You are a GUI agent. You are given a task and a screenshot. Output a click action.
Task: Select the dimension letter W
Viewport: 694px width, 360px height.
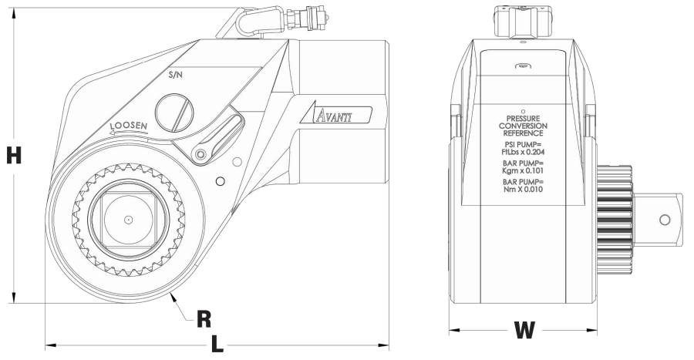tap(524, 331)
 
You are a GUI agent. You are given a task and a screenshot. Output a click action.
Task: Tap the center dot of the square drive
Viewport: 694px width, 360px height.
tap(130, 220)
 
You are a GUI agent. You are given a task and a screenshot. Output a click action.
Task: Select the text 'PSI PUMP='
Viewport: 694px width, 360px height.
tap(524, 144)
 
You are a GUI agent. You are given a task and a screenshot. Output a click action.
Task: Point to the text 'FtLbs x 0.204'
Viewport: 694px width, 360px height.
tap(524, 153)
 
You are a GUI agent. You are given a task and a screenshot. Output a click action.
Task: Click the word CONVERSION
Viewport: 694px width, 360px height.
tap(524, 126)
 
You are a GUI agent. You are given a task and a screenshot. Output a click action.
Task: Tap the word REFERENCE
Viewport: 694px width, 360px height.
tap(524, 133)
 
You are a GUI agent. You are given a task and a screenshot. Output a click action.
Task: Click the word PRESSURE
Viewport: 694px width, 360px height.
tap(524, 118)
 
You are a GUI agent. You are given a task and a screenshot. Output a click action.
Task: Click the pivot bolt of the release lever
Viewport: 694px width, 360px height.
tap(201, 156)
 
